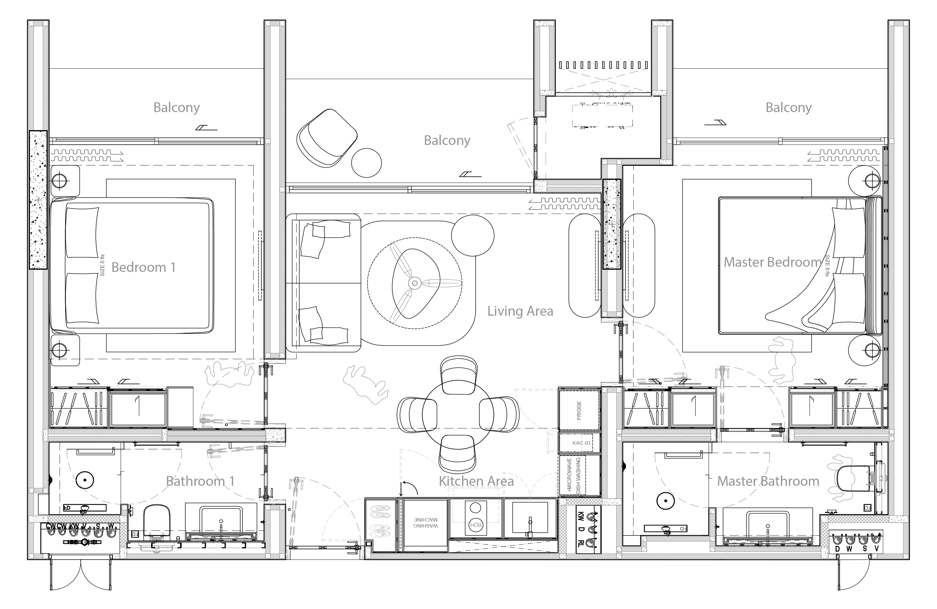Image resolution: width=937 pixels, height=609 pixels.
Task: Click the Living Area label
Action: tap(520, 311)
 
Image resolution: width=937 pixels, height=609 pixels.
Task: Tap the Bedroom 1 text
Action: tap(143, 267)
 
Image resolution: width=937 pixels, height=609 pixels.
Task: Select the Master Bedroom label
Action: tap(772, 262)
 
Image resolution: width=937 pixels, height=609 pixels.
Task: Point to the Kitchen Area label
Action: tap(476, 481)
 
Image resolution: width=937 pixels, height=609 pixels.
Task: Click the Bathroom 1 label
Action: tap(200, 481)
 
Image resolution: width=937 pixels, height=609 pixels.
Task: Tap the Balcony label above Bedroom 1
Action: tap(176, 108)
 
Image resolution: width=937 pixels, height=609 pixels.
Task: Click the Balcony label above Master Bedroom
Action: tap(788, 108)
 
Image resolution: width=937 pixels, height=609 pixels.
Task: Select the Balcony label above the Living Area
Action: tap(447, 141)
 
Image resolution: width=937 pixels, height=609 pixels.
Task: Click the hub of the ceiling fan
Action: tap(414, 283)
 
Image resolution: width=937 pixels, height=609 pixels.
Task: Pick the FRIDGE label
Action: tap(579, 411)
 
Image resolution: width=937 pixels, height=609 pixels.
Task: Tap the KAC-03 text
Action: tap(581, 443)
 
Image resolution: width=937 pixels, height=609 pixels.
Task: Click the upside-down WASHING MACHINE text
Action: tap(425, 523)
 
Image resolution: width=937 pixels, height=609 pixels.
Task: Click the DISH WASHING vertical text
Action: tap(578, 475)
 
